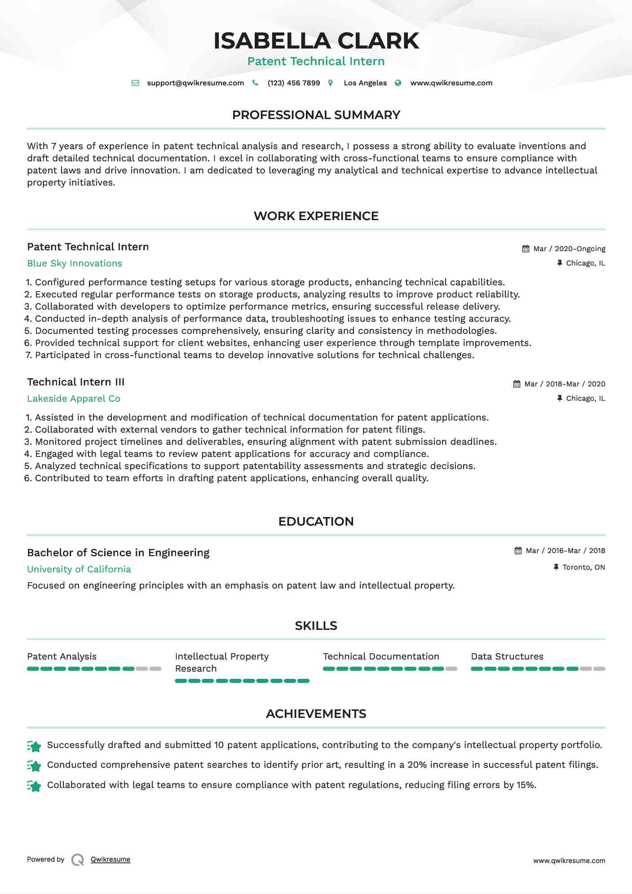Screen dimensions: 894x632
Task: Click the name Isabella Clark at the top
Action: [x=316, y=41]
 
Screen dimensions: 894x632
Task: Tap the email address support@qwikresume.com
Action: [x=195, y=83]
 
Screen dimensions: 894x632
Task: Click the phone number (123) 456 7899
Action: [x=293, y=83]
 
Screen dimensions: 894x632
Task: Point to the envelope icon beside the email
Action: [x=135, y=83]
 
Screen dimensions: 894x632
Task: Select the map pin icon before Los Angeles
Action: [x=331, y=83]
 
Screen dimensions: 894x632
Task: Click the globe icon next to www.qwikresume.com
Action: [x=398, y=83]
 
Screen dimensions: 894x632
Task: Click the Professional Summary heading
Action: [x=316, y=115]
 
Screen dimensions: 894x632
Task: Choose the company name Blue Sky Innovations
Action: [x=75, y=264]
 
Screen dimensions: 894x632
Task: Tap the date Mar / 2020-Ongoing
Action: [x=569, y=249]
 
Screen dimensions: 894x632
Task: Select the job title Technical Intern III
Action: [x=76, y=382]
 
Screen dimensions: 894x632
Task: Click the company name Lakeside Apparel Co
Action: [x=74, y=399]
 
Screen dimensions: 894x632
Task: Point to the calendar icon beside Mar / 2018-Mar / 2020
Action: [x=517, y=384]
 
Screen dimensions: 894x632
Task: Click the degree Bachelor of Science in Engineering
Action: [x=118, y=553]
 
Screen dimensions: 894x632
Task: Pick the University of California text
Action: [x=79, y=570]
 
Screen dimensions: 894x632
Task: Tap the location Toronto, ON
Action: [x=583, y=567]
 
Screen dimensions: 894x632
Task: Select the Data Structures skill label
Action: [x=507, y=657]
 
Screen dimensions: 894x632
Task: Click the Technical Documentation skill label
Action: [x=381, y=657]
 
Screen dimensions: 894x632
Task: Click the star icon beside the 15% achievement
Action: [x=34, y=786]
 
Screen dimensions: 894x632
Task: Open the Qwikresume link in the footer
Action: [x=110, y=859]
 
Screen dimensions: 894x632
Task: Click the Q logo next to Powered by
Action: [x=78, y=860]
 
